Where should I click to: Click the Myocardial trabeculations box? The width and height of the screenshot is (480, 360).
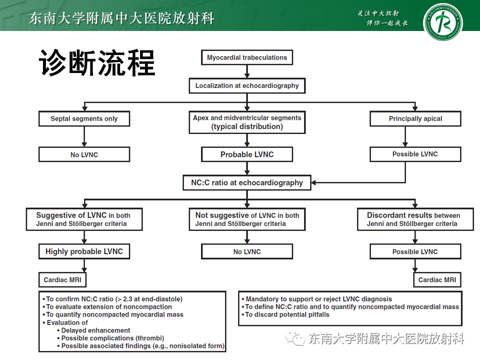pos(247,57)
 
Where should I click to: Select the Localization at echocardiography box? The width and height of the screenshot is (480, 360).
pos(247,85)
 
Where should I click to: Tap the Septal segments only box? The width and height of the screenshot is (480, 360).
pos(84,118)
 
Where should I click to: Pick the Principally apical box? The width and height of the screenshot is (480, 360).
pos(415,118)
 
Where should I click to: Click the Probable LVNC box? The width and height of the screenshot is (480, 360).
pos(247,154)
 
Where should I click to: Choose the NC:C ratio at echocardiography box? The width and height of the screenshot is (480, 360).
pos(247,182)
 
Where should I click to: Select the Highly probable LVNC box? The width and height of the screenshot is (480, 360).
pos(84,251)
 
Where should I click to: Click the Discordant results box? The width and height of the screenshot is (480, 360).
pos(415,219)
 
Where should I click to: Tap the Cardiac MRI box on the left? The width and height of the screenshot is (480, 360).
pos(62,279)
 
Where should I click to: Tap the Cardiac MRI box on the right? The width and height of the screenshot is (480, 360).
pos(437,279)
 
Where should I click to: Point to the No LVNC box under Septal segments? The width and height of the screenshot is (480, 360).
pos(84,154)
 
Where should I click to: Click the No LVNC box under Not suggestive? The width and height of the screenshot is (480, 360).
pos(247,251)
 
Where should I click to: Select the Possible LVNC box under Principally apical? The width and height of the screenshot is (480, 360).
pos(415,154)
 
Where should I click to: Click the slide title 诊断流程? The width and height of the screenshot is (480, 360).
pos(97,63)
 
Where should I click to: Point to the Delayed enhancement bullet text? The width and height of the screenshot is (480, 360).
pos(95,330)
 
